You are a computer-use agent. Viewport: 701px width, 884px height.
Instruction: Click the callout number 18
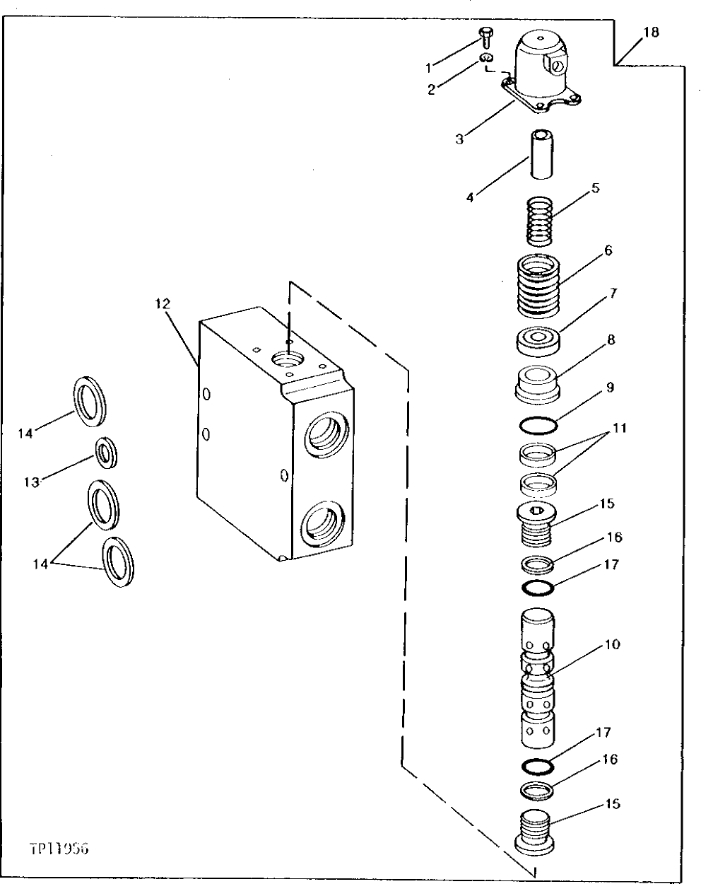tap(650, 33)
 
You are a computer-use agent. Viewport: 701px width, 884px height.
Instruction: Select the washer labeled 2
tap(485, 58)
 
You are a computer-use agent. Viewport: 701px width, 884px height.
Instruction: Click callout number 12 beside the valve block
tap(163, 303)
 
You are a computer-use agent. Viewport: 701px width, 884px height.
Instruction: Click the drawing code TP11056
tap(58, 848)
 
